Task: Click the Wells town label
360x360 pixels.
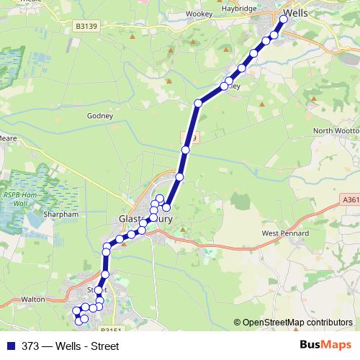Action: tap(298, 12)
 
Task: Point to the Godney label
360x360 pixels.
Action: tap(100, 115)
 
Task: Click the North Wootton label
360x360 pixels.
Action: tap(336, 130)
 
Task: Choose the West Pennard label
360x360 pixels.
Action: tap(284, 233)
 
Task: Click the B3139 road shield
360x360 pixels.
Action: tap(86, 27)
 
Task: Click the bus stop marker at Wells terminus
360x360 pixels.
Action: tap(283, 20)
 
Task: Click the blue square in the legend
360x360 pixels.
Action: tap(12, 346)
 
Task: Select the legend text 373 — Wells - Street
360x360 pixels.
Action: tap(70, 346)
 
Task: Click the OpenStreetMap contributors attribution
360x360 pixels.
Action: tap(297, 323)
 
